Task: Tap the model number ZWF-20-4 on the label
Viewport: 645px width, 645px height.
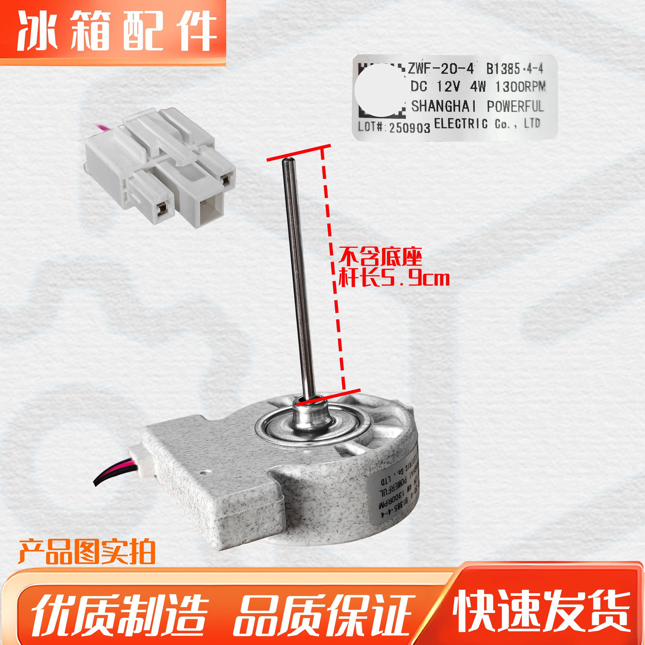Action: coord(441,69)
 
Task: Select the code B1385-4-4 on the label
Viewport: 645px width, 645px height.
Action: coord(514,69)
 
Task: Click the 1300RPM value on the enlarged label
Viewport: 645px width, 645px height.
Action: coord(520,87)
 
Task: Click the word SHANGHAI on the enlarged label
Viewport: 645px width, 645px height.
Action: coord(443,106)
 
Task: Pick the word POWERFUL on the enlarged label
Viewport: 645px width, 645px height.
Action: coord(515,106)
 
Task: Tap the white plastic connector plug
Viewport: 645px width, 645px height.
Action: coord(160,167)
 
